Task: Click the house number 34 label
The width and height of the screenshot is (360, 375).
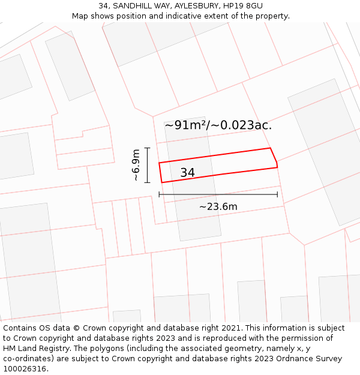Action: point(187,173)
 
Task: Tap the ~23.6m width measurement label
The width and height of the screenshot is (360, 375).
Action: point(218,207)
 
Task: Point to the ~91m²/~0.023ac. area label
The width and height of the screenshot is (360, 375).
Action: point(218,125)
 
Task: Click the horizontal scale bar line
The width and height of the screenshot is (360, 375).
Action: point(218,194)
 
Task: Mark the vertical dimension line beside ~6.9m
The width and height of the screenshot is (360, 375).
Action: point(147,165)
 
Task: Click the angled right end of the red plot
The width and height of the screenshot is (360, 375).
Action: point(274,158)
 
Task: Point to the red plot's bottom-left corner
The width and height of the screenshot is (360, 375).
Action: point(162,182)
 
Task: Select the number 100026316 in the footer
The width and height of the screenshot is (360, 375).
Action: point(25,369)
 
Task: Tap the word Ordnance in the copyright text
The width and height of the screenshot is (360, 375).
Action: point(299,359)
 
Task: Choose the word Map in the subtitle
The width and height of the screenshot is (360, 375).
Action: point(80,16)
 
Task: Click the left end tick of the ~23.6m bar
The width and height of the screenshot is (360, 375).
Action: point(159,194)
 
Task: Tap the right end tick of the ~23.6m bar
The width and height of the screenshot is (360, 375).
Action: point(277,194)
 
